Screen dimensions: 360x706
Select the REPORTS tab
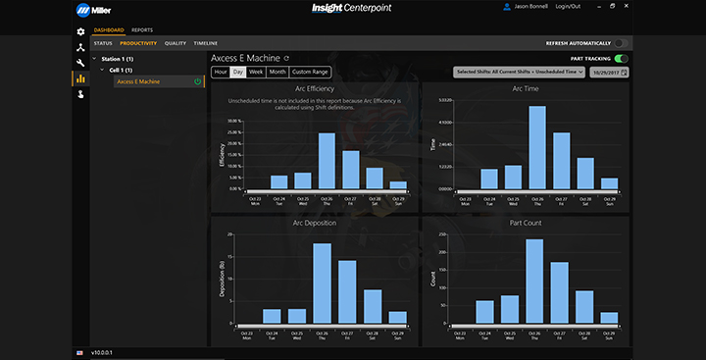(141, 30)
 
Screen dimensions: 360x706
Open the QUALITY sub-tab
(176, 43)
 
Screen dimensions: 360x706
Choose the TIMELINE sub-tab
(206, 43)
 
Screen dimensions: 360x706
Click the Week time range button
(255, 72)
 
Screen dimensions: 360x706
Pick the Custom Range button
(310, 72)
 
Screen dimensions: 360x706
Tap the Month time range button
(277, 72)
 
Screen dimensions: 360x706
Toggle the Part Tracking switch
(621, 59)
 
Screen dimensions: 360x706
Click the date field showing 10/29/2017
(608, 72)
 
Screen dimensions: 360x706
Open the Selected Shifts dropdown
(519, 72)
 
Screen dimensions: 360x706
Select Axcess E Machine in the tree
(138, 81)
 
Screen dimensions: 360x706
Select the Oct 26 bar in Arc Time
(536, 147)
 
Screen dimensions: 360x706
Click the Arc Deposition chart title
(314, 223)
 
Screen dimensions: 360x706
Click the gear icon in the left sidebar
(80, 31)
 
